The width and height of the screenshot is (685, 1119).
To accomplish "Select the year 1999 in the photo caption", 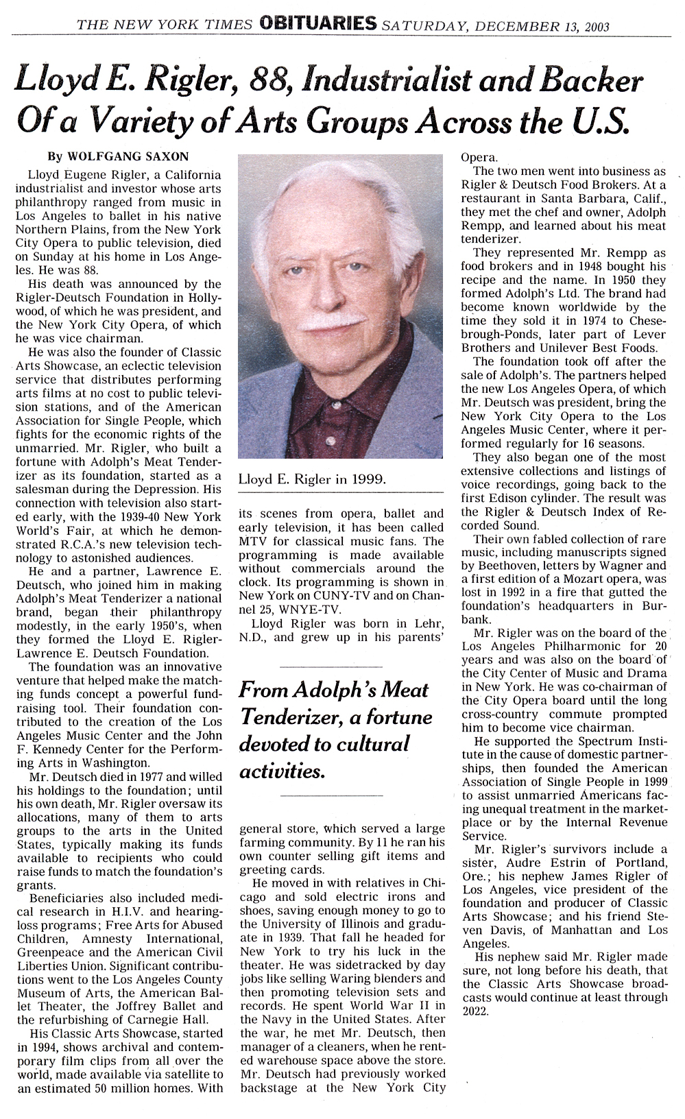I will [370, 480].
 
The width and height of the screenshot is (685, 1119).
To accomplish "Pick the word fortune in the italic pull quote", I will [397, 717].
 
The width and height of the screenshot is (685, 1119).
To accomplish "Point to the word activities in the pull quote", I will [279, 772].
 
